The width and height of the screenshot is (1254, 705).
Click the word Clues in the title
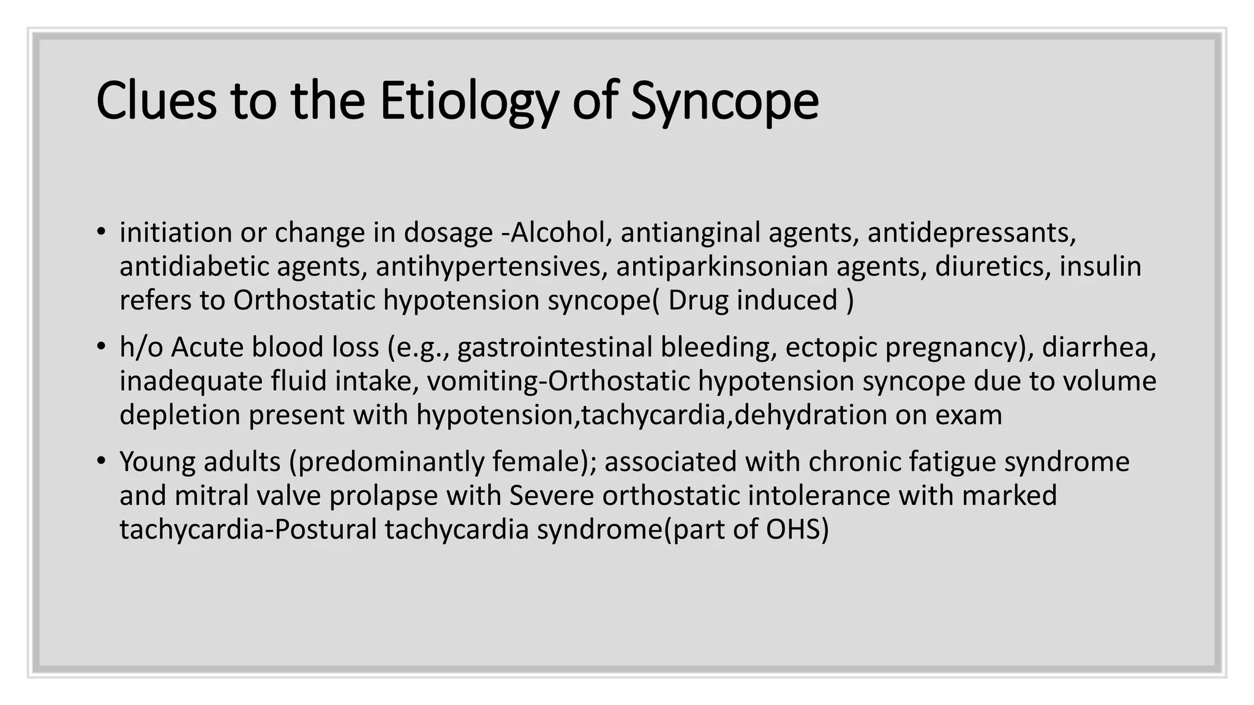point(156,100)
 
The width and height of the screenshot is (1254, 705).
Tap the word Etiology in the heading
point(468,100)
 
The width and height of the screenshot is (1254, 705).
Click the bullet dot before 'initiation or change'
point(101,232)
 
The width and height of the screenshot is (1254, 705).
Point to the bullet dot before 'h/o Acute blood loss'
point(101,347)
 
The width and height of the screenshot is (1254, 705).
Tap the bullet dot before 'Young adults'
point(101,461)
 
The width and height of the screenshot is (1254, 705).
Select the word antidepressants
point(971,233)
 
